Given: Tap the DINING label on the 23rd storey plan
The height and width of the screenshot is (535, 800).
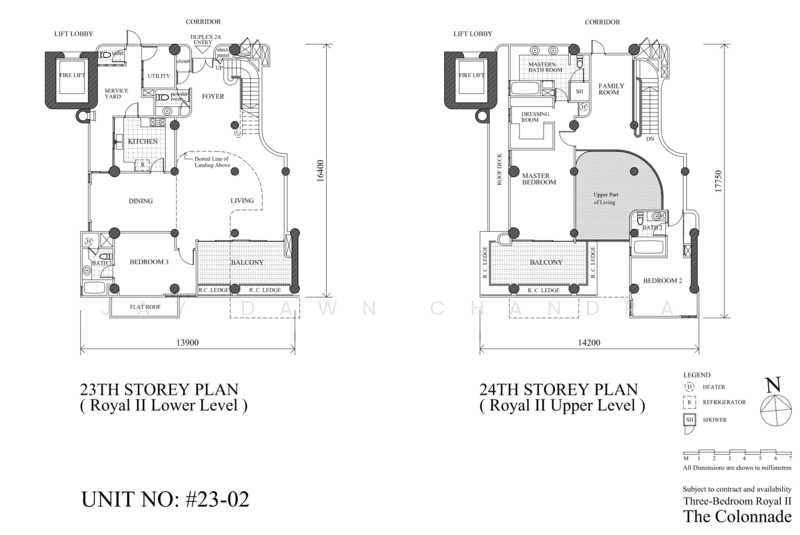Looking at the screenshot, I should tap(140, 201).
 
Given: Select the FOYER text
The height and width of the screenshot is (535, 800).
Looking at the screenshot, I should tap(213, 97).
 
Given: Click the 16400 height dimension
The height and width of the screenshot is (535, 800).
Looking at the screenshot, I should tap(320, 177).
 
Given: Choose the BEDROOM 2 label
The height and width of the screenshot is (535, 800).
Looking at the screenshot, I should tap(661, 281).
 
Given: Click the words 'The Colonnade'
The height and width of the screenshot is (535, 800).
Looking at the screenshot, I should tap(737, 517).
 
